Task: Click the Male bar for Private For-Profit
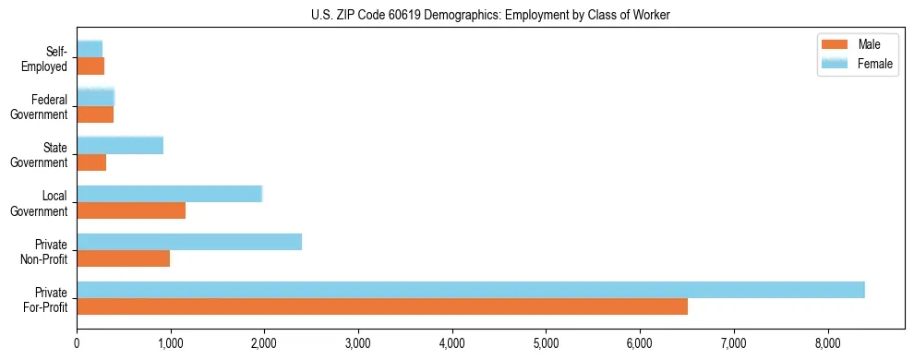381,306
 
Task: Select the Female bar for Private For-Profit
470,290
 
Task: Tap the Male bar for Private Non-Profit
123,258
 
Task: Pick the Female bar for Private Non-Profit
188,242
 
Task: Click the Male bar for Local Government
130,210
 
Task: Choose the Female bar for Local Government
169,194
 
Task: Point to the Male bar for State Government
91,162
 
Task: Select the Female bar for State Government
120,146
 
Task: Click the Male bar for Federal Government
95,114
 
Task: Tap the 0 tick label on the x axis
77,344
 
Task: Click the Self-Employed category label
50,59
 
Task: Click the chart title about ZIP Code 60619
490,15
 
